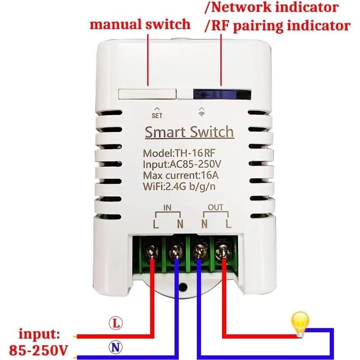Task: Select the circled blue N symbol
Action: pyautogui.click(x=115, y=347)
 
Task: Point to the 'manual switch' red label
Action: pyautogui.click(x=140, y=24)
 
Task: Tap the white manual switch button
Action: pyautogui.click(x=147, y=93)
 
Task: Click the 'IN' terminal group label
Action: pyautogui.click(x=167, y=207)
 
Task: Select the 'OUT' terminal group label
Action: pyautogui.click(x=216, y=207)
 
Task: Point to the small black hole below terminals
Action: pyautogui.click(x=183, y=287)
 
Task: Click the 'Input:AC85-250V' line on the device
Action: pyautogui.click(x=183, y=164)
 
